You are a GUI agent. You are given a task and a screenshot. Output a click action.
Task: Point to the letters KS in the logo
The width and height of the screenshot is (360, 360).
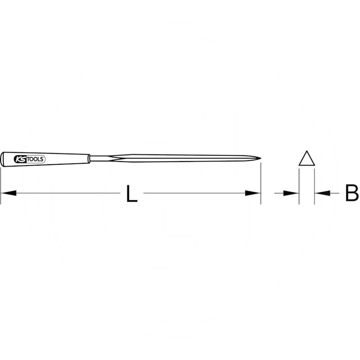(20, 158)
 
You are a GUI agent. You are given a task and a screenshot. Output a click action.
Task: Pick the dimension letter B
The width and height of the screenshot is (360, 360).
(351, 193)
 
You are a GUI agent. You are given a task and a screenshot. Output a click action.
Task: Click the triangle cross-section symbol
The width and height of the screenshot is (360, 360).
(307, 159)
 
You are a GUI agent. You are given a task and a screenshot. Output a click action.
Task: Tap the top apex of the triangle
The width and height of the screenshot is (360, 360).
(307, 152)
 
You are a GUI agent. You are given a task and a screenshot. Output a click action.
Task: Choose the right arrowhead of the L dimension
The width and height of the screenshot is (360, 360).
(253, 193)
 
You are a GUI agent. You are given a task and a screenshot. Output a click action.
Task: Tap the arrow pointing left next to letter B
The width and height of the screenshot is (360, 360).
(321, 193)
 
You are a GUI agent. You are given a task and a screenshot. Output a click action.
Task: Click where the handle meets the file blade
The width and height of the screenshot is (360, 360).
(90, 158)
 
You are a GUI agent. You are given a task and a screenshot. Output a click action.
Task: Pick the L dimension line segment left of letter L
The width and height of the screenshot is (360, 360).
(67, 193)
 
